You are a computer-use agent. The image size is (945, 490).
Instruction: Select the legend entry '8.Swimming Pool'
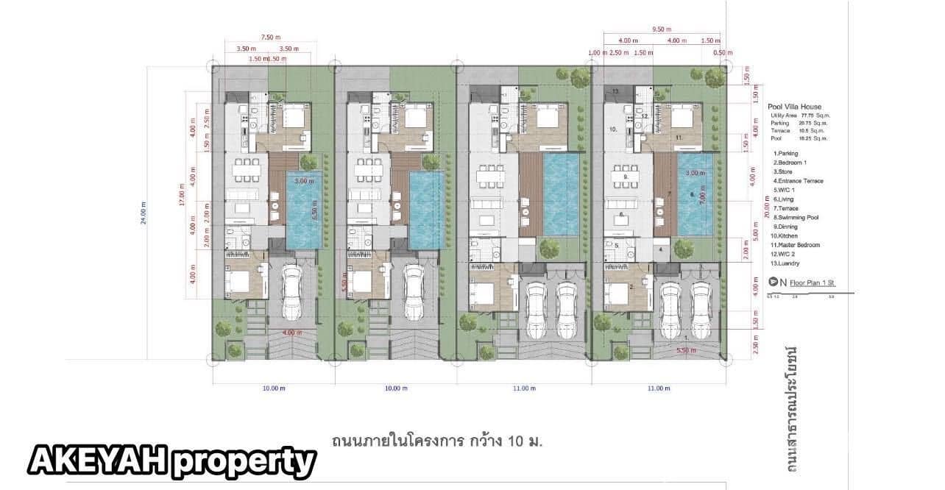pos(798,217)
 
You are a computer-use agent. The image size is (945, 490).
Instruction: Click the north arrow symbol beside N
pos(773,281)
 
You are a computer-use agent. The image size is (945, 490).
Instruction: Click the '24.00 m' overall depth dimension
pos(144,213)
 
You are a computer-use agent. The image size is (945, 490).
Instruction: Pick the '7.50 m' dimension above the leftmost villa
pos(272,37)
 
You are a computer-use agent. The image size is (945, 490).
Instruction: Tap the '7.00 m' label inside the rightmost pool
pos(703,199)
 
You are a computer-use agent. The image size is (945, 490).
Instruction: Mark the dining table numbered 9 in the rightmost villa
pos(626,177)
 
